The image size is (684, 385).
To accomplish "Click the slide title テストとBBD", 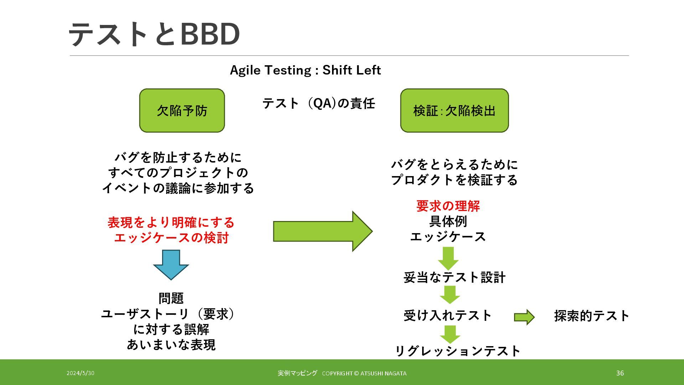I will coord(154,34).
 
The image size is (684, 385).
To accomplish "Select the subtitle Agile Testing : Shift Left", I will coord(305,70).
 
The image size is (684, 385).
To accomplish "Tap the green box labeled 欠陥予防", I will coord(182,111).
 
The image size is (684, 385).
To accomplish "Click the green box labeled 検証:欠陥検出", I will coord(454,111).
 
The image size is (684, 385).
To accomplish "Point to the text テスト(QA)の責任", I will coord(318,103).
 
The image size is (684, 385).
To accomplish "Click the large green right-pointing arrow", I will coord(322,231).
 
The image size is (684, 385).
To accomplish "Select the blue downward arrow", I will coord(171,264).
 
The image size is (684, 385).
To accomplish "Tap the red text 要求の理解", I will coord(448,206).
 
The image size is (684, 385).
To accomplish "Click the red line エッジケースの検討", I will coord(171,238).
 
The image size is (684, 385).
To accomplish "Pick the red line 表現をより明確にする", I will coord(171,222).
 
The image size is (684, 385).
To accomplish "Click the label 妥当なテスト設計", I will coord(454,277).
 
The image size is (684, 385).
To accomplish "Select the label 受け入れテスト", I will coord(447,315).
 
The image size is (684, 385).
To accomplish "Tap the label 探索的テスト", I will coord(592,316).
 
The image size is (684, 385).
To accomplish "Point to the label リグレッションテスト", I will coord(458,351).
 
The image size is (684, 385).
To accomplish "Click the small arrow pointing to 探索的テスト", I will coord(524,317).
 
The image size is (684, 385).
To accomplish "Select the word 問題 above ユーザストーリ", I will coord(171,298).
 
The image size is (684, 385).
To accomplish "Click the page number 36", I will coord(620,373).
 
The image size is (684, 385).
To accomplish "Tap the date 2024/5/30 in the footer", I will coord(81,373).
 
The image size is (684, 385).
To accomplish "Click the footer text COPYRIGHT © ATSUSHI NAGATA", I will coord(364,374).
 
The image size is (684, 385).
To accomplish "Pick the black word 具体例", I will coord(448,221).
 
